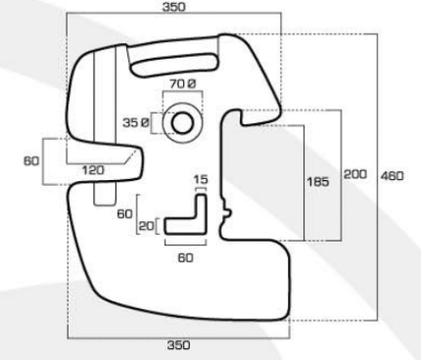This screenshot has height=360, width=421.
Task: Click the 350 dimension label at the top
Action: [174, 7]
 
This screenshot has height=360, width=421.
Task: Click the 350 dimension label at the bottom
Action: [178, 345]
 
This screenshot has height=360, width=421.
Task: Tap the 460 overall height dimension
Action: [392, 176]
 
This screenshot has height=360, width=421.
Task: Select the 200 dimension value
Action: [355, 174]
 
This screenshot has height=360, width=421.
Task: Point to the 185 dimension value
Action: [318, 182]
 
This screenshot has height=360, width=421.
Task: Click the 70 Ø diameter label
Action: [183, 84]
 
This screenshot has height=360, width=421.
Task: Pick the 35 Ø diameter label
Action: [136, 123]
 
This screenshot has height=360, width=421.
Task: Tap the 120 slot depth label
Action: [93, 170]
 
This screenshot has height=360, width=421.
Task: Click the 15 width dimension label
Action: [201, 180]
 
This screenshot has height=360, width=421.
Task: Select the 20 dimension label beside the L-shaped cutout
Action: [146, 226]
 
